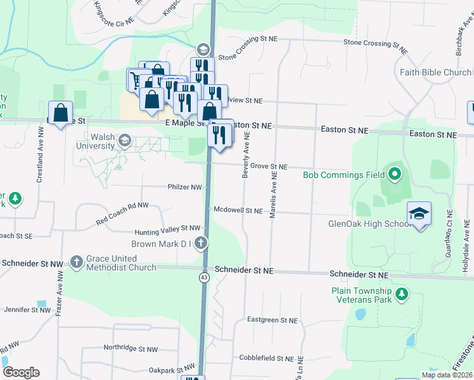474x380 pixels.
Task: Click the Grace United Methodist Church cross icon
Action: point(77,262)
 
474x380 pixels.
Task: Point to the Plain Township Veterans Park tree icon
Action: point(400,294)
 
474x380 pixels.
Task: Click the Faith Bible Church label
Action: point(435,72)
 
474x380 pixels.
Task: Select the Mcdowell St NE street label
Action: point(238,210)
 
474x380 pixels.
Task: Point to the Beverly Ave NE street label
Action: point(246,155)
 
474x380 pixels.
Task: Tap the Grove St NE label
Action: point(269,167)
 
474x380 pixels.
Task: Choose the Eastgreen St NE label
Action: point(272,320)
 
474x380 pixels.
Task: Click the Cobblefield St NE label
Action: point(266,358)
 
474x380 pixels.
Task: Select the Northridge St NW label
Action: point(131,349)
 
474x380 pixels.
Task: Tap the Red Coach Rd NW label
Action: point(122,214)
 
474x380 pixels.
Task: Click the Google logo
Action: point(21,372)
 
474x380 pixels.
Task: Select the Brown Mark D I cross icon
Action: point(200,243)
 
